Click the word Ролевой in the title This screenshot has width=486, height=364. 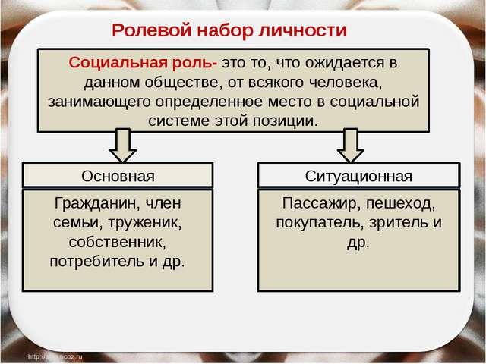(x=152, y=31)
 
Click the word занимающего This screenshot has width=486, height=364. (x=99, y=102)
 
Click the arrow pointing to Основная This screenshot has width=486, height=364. (x=123, y=145)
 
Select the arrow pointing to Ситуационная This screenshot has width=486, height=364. (x=351, y=145)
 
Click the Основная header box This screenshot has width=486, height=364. (x=118, y=175)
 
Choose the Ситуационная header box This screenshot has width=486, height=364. (x=358, y=175)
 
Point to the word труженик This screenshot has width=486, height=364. (x=145, y=223)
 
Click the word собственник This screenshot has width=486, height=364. (x=118, y=242)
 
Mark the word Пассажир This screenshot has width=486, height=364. (x=321, y=204)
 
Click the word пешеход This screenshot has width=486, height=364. (x=400, y=204)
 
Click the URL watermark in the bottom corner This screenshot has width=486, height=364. (x=55, y=357)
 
